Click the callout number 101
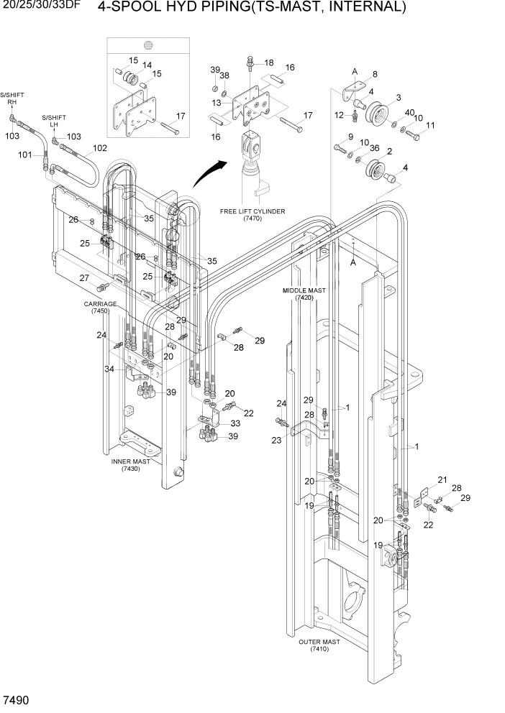click(x=25, y=155)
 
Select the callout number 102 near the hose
click(x=99, y=148)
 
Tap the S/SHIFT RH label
click(x=12, y=98)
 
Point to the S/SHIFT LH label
click(x=53, y=121)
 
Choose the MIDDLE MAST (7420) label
click(x=304, y=294)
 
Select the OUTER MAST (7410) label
click(x=319, y=645)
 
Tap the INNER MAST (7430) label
click(x=130, y=464)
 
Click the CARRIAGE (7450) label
click(x=100, y=308)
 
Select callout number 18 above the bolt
click(x=268, y=63)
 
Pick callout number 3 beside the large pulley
click(x=398, y=97)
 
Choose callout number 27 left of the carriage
click(x=83, y=278)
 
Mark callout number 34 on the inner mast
click(x=109, y=369)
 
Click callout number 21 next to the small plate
click(x=442, y=480)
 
